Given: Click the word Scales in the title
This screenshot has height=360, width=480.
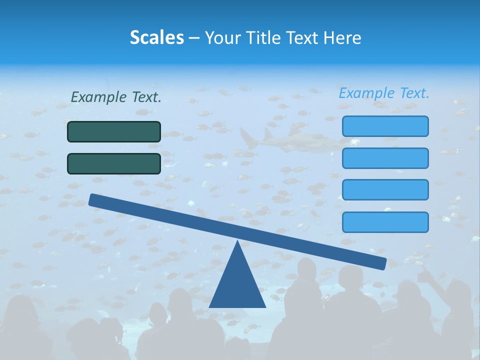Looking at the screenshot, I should pyautogui.click(x=156, y=37).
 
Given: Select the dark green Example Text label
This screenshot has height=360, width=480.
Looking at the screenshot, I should pyautogui.click(x=116, y=97).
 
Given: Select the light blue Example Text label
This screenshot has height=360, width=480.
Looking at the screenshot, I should pyautogui.click(x=384, y=93).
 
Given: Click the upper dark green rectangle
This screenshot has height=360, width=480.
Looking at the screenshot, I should pyautogui.click(x=114, y=131).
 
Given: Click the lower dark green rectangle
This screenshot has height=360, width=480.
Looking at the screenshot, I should pyautogui.click(x=114, y=163).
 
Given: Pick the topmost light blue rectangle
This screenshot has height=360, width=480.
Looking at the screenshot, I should pyautogui.click(x=385, y=126).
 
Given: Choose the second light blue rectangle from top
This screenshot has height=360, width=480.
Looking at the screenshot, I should pyautogui.click(x=385, y=158).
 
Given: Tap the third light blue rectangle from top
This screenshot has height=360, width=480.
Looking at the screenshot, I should pyautogui.click(x=385, y=190).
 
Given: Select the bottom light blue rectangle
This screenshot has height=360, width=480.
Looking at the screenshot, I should pyautogui.click(x=385, y=222).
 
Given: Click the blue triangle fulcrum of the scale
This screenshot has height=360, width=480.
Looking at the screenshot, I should pyautogui.click(x=237, y=285).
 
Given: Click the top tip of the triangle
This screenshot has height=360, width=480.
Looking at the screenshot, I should pyautogui.click(x=237, y=242).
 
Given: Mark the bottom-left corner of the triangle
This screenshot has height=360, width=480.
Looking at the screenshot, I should pyautogui.click(x=210, y=306).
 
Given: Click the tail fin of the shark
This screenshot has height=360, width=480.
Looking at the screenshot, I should pyautogui.click(x=248, y=137).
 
